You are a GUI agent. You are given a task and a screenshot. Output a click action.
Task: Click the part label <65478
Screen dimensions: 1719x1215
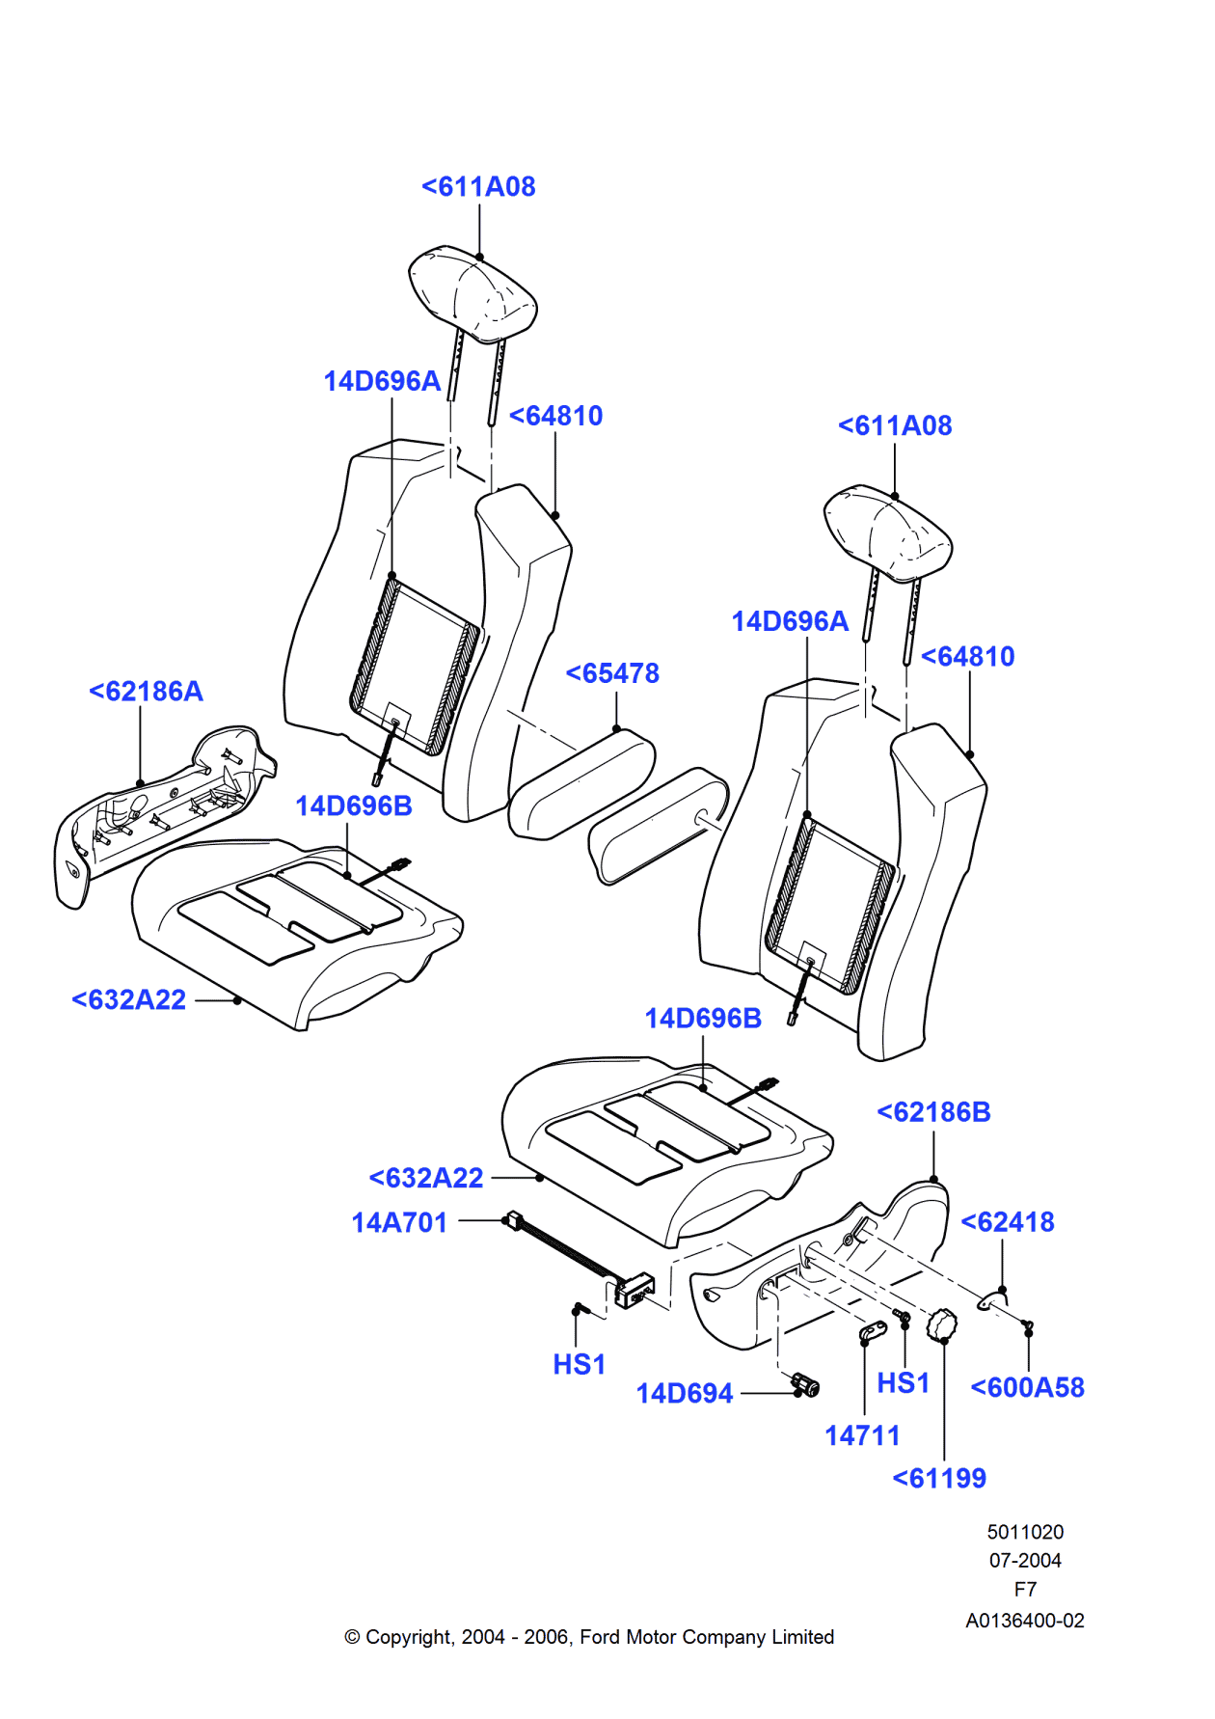(612, 672)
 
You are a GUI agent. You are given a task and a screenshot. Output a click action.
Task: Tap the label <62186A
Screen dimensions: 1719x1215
(146, 691)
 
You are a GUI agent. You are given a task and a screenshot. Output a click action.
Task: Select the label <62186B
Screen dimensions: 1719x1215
(933, 1111)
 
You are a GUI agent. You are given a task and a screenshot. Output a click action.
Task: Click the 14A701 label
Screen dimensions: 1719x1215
(399, 1222)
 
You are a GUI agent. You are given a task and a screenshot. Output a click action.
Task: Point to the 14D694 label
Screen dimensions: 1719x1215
(685, 1393)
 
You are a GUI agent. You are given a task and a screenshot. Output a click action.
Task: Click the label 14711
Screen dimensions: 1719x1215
(862, 1435)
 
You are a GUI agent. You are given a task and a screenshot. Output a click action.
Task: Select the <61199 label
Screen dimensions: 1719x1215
(939, 1478)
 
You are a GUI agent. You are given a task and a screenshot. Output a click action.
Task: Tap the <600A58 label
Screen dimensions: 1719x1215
(1027, 1387)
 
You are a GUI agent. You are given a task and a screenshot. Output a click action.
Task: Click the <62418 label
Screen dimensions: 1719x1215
(1008, 1221)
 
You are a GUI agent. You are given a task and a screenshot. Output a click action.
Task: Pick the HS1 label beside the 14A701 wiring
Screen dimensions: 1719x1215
(579, 1364)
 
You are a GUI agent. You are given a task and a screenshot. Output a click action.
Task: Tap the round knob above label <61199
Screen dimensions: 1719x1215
(941, 1323)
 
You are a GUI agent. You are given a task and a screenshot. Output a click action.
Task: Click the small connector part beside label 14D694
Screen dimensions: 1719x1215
(806, 1386)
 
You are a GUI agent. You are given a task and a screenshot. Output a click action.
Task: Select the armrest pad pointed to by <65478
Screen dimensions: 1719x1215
(581, 783)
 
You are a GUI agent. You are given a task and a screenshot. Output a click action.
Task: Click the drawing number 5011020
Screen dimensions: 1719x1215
(1025, 1532)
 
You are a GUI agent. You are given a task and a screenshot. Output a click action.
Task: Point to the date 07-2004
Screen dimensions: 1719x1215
(1025, 1560)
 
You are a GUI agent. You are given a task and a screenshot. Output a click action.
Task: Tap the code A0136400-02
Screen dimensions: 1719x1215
(1025, 1621)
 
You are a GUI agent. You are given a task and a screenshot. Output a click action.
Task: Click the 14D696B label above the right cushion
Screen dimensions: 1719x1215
(703, 1018)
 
